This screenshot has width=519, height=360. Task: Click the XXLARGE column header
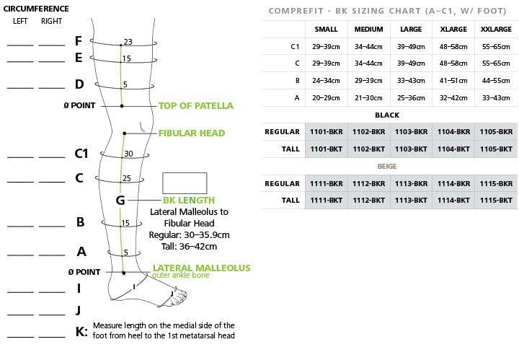[496, 30]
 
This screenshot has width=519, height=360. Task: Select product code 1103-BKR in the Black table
[411, 132]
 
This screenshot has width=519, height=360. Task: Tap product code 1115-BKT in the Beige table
[496, 200]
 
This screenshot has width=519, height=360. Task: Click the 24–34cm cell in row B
[327, 80]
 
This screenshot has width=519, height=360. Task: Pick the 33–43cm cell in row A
[496, 97]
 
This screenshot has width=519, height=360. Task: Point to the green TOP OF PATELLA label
[196, 106]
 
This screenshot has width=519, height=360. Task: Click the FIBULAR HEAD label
[192, 133]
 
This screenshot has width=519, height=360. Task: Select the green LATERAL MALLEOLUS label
[202, 268]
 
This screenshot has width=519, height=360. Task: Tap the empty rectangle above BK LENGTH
[185, 183]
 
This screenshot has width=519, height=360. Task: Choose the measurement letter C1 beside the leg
[81, 154]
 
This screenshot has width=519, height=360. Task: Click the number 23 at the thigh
[128, 42]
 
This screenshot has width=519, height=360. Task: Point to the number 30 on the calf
[128, 154]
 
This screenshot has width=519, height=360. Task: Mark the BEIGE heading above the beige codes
[388, 167]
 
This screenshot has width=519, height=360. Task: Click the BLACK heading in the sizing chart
[388, 115]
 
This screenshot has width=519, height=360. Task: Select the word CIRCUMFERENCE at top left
[35, 9]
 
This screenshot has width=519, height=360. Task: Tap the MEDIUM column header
[369, 30]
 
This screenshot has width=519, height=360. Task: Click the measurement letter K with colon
[81, 332]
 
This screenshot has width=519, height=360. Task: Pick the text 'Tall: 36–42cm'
[189, 246]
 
